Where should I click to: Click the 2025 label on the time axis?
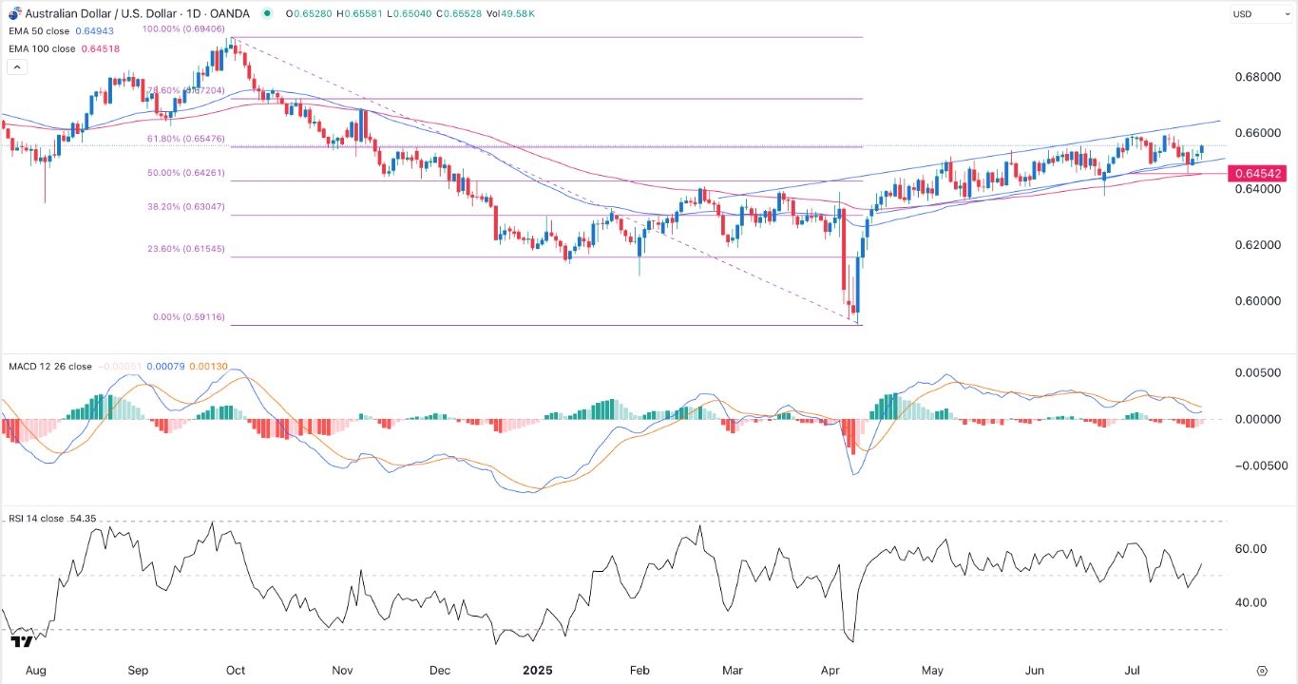(x=538, y=670)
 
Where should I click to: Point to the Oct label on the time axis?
(x=236, y=670)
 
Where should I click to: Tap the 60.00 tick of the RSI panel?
(x=1251, y=549)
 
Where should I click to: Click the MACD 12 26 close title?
(x=48, y=367)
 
